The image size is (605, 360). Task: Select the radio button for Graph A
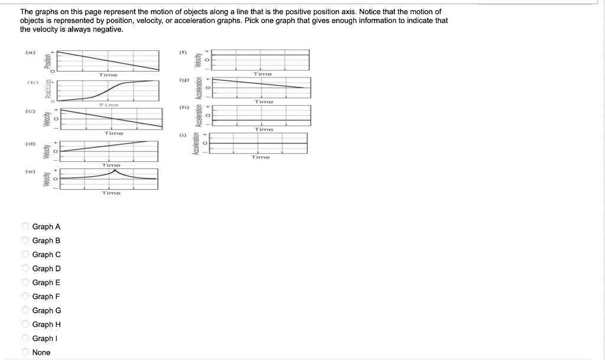tap(25, 226)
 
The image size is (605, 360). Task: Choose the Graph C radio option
tap(25, 255)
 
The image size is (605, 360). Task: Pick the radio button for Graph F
tap(25, 297)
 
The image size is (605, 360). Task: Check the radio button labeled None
tap(25, 352)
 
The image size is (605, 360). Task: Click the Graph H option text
tap(46, 325)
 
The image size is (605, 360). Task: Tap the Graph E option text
tap(46, 283)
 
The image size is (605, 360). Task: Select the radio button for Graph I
tap(25, 339)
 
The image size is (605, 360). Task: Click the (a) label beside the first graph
tap(28, 53)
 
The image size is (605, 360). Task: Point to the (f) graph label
tap(183, 53)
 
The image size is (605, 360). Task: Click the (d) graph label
tap(28, 144)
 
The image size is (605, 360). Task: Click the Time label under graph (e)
tap(111, 193)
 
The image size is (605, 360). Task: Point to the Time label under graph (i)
tap(261, 157)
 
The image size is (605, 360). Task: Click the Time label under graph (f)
tap(262, 74)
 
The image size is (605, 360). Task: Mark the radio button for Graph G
tap(25, 310)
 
